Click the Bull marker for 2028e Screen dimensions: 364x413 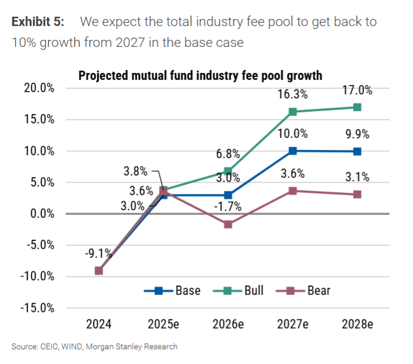357,107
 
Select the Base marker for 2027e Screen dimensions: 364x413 293,151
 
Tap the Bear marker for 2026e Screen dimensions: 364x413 228,224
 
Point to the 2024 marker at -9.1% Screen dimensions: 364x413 99,270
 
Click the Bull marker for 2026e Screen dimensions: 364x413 228,171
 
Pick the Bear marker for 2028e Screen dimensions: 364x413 357,194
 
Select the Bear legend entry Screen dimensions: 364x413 306,290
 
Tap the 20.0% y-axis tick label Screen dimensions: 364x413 39,88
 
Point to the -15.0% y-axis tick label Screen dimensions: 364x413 38,307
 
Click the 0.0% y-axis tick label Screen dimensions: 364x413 41,213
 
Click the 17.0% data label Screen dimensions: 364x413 357,90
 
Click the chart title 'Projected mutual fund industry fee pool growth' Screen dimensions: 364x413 200,75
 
